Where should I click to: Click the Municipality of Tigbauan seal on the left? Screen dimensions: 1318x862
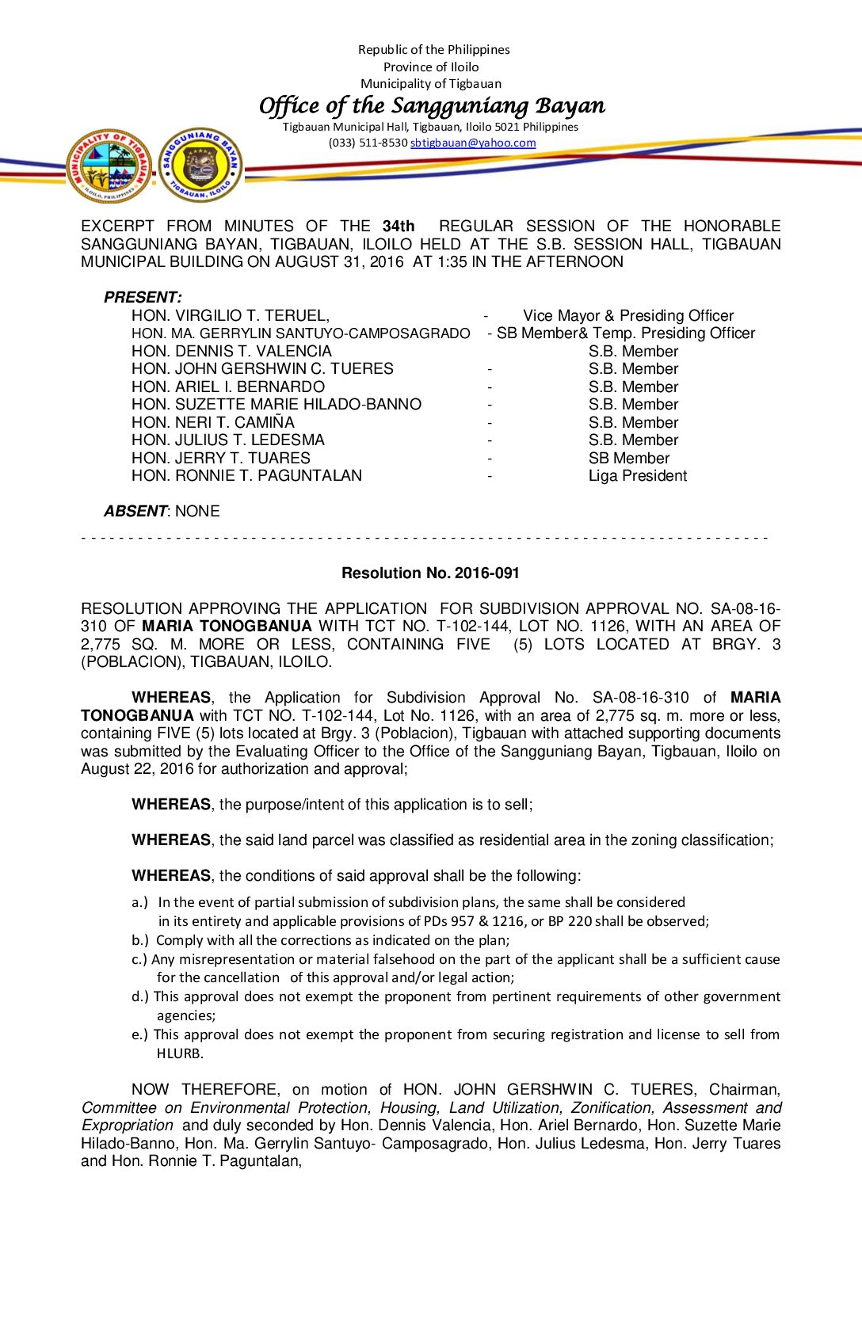point(109,166)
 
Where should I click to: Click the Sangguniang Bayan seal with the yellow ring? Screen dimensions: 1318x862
point(201,165)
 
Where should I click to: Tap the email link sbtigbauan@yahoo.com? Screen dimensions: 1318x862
point(473,143)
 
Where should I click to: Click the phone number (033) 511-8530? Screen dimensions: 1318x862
point(368,143)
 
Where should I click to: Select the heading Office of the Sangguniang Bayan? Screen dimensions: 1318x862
point(432,105)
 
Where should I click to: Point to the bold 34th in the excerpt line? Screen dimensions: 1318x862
point(399,226)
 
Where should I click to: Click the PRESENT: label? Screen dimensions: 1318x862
point(143,297)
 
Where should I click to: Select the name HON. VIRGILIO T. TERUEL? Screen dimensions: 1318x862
point(230,315)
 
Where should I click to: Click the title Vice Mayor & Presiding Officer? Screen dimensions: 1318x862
point(628,315)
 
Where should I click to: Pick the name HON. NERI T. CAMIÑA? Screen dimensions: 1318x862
point(213,422)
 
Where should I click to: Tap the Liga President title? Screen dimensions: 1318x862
point(637,475)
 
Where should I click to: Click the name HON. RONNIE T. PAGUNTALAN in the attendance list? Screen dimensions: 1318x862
point(246,475)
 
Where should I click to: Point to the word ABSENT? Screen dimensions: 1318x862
point(135,511)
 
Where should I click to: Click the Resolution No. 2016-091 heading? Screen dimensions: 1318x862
point(430,573)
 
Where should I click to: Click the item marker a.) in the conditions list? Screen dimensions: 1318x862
point(139,901)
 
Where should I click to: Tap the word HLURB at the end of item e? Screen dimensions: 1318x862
point(180,1053)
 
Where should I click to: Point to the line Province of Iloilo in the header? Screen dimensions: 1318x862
point(431,67)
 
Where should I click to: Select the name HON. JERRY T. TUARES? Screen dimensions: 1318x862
point(221,458)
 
